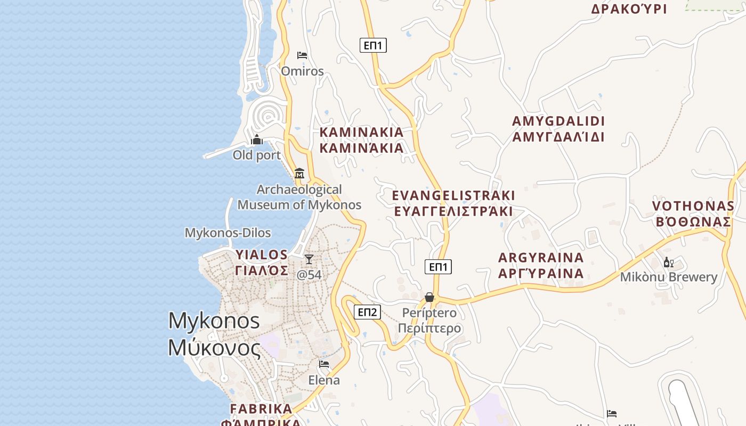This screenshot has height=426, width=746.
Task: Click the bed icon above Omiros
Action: [x=302, y=55]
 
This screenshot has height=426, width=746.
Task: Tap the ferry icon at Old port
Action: [x=257, y=140]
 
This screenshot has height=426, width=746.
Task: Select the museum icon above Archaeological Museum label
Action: [x=299, y=174]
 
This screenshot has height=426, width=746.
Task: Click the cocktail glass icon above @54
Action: [x=309, y=259]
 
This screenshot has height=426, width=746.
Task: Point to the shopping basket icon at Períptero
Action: [x=429, y=297]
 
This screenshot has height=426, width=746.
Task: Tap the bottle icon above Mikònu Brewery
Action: [x=668, y=262]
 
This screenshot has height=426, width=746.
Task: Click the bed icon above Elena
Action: [x=324, y=365]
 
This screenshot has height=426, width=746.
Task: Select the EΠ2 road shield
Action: [x=368, y=312]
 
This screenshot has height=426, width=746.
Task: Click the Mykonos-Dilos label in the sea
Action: [x=228, y=233]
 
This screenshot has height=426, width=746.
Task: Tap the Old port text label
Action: [x=256, y=155]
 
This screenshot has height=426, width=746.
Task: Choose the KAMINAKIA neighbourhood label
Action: [x=361, y=140]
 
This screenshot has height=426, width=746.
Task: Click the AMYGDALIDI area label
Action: [x=558, y=129]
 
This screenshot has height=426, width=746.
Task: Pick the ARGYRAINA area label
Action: [x=541, y=266]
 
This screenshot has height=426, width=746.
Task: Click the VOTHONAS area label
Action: [x=693, y=214]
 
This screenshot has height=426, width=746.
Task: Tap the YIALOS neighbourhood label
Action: [x=262, y=262]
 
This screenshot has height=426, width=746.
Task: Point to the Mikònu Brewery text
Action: [x=669, y=277]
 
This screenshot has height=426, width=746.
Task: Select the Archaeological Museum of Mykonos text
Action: [x=299, y=197]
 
